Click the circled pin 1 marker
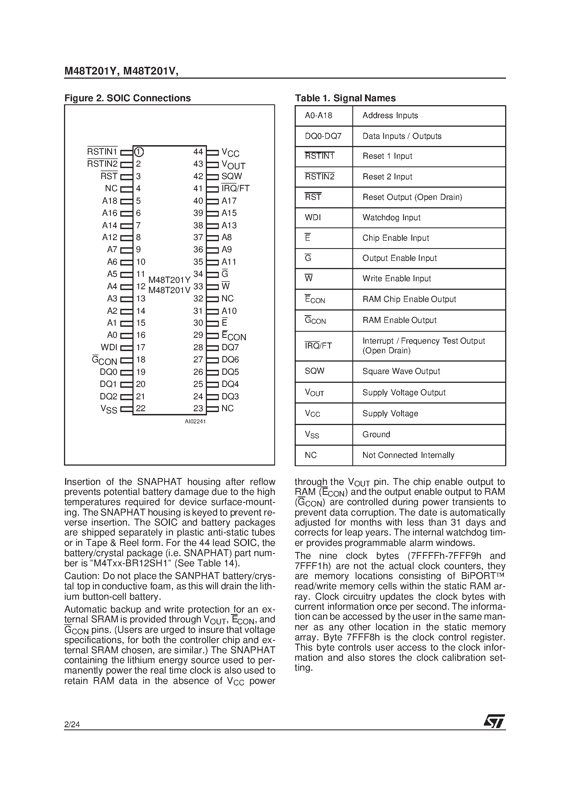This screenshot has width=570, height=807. (x=139, y=152)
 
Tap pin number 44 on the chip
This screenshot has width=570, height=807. (x=198, y=152)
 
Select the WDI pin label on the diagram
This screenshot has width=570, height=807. (x=109, y=347)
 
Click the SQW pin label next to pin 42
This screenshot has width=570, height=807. (x=231, y=176)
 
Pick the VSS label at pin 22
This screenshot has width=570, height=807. (x=109, y=409)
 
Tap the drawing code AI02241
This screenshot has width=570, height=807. (x=195, y=421)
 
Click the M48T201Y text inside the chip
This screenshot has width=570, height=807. (x=169, y=280)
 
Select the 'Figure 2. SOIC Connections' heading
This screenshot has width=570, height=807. (x=127, y=98)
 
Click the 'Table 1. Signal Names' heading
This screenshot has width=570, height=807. (x=345, y=98)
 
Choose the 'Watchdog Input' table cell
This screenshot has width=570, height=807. (x=391, y=217)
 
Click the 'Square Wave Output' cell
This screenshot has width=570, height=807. (x=401, y=371)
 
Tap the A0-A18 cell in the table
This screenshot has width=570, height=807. (x=318, y=116)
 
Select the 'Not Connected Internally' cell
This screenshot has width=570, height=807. (x=408, y=455)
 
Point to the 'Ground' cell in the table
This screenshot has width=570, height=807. (x=376, y=434)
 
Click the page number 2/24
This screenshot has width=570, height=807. (x=72, y=724)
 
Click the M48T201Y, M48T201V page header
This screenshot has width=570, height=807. (x=121, y=71)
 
